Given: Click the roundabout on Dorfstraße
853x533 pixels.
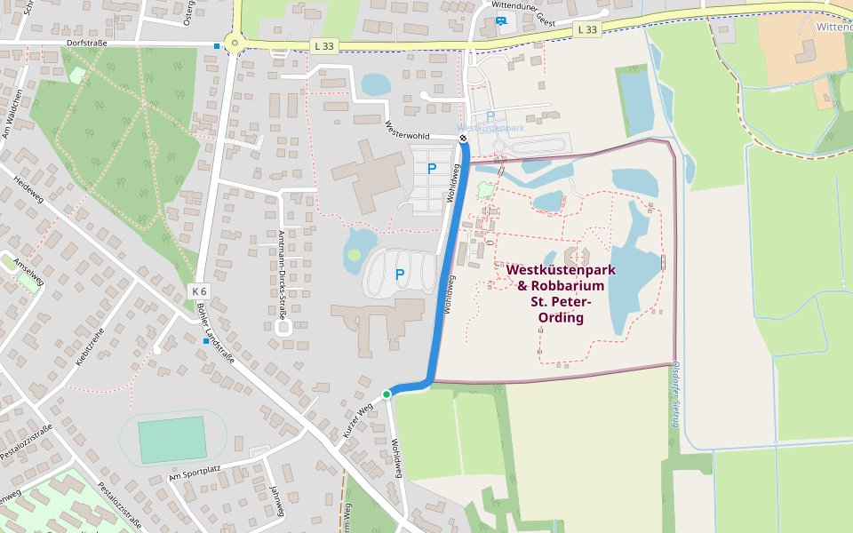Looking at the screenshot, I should pyautogui.click(x=235, y=41).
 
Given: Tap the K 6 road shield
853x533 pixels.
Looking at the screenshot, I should pyautogui.click(x=199, y=291).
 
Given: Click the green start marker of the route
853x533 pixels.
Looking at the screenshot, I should pyautogui.click(x=387, y=394).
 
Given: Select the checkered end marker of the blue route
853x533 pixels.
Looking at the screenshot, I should pyautogui.click(x=463, y=138).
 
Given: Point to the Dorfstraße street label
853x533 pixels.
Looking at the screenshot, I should pyautogui.click(x=86, y=43).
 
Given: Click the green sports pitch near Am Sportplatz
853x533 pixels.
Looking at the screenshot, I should pyautogui.click(x=172, y=439).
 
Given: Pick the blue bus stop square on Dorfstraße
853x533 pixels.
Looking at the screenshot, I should pyautogui.click(x=218, y=45).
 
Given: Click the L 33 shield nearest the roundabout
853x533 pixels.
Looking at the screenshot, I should pyautogui.click(x=324, y=45).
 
